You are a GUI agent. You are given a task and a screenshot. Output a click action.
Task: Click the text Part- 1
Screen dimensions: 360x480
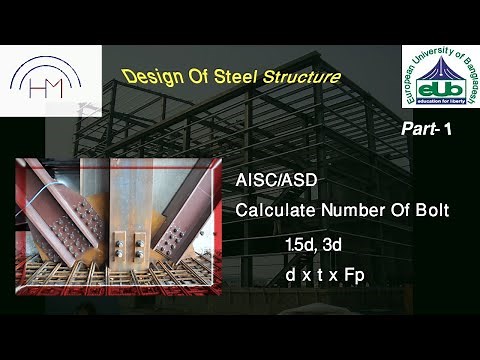(428, 130)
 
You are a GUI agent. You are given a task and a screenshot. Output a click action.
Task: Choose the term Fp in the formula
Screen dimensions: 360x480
(354, 274)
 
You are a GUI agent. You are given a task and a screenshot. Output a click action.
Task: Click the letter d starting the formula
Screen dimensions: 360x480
(289, 274)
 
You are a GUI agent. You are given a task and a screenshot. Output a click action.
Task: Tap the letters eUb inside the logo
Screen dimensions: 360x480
(441, 90)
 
